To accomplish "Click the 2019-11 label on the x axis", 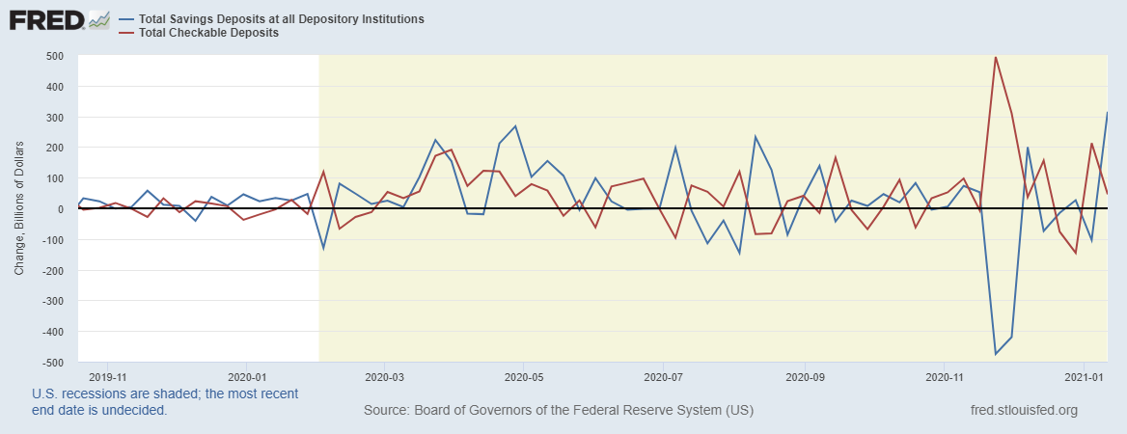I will click(x=108, y=376).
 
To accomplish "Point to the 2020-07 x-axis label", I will click(x=663, y=376).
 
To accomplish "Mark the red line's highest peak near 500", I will click(x=996, y=57).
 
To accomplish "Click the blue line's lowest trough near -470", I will click(x=996, y=354).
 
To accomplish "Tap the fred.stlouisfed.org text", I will click(x=1024, y=411).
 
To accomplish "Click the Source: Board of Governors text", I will click(x=559, y=411).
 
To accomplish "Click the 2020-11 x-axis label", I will click(x=943, y=376).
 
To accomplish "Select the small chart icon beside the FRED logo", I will click(x=98, y=19).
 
